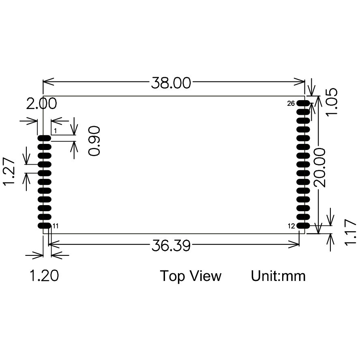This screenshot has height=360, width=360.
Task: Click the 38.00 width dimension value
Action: point(171,83)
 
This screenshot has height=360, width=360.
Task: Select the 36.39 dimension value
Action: point(171,245)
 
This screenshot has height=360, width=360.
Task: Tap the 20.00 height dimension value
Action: point(320,167)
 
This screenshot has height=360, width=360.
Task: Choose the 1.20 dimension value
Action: point(44,276)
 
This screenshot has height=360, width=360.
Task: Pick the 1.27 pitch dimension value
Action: point(9,171)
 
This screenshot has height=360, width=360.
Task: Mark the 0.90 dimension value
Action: point(94,141)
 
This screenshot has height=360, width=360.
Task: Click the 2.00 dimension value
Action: point(41,103)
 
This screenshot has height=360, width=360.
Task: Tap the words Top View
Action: point(191,276)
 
